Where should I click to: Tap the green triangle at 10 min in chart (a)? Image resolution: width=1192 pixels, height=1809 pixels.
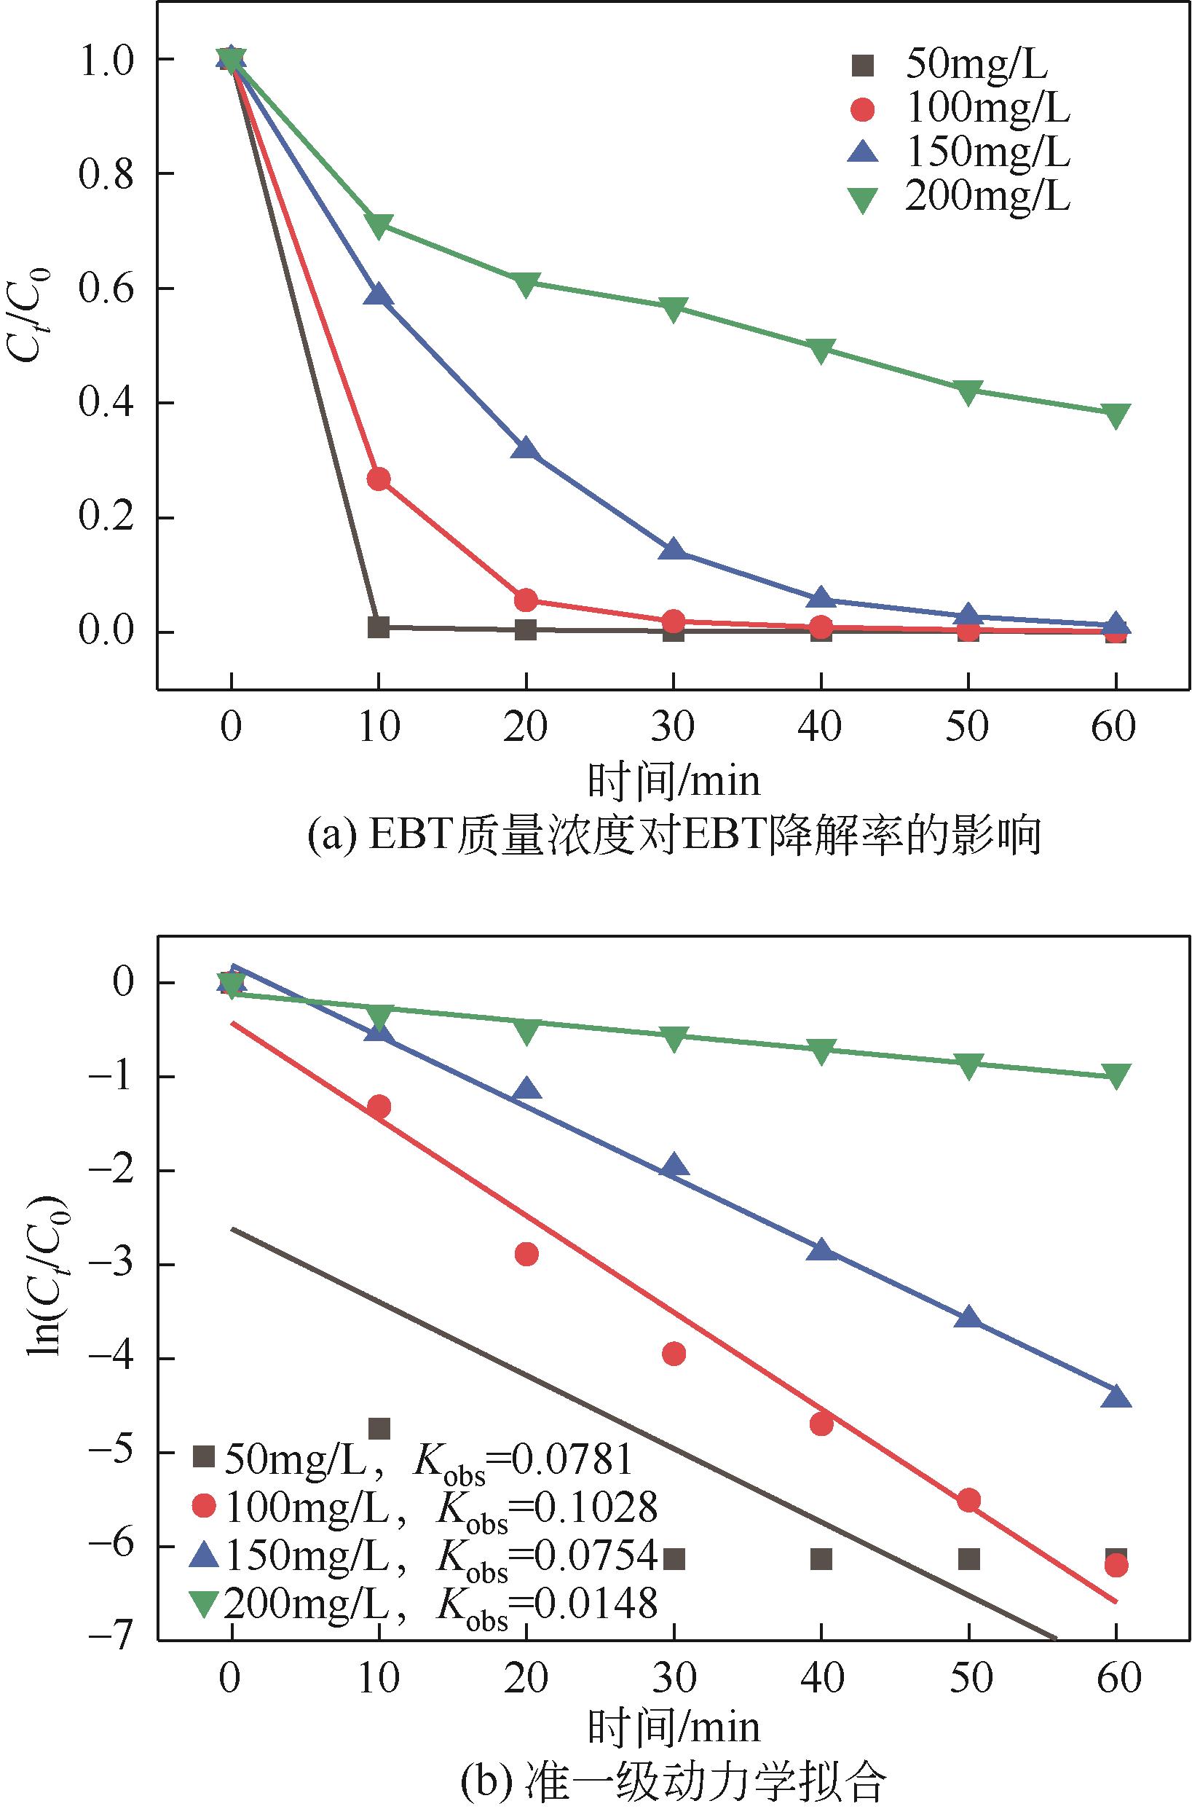pos(379,225)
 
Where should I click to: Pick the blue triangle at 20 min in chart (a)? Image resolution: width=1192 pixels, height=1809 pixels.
pos(526,449)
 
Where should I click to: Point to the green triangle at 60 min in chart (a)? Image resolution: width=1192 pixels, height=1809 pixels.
pos(1116,415)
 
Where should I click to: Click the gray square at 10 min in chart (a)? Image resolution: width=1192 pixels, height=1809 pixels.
pos(379,627)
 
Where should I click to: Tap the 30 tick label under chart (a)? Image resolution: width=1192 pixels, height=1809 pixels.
pos(673,726)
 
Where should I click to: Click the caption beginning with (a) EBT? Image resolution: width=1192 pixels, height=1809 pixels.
pos(674,836)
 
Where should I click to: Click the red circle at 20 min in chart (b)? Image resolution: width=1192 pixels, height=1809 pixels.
pos(526,1254)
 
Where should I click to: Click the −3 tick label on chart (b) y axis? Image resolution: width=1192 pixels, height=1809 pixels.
pos(110,1265)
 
